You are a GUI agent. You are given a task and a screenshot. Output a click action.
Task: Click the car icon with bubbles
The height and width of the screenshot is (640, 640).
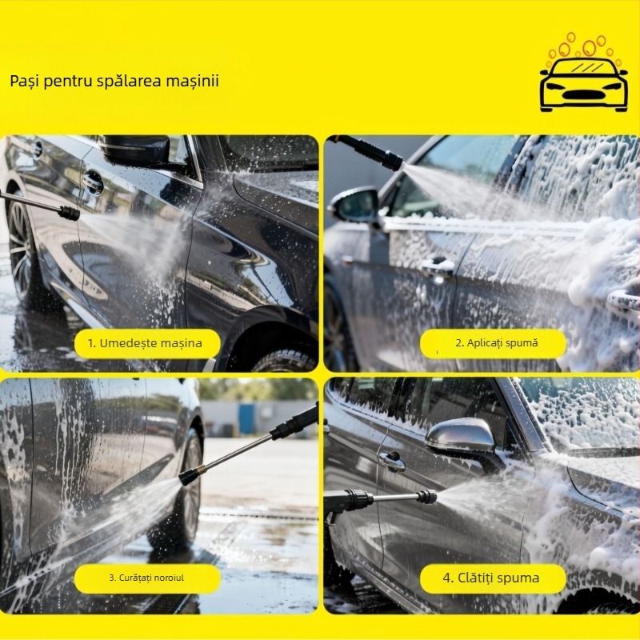584,73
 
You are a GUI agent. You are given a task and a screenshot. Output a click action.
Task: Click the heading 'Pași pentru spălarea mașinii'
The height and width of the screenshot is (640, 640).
114,81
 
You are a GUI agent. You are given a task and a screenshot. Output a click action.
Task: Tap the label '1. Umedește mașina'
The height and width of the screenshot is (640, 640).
145,343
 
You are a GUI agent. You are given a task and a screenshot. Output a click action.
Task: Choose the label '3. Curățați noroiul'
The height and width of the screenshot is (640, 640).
146,578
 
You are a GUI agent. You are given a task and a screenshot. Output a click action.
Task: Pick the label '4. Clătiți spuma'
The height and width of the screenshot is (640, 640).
491,578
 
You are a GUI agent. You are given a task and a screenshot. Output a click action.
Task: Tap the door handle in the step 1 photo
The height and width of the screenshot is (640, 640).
93,182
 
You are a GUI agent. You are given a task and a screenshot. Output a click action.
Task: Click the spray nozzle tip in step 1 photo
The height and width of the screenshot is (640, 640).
70,213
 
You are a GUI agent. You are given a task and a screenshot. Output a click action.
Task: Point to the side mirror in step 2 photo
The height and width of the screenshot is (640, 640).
354,206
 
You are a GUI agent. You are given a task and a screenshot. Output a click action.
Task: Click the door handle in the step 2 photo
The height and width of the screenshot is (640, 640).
438,266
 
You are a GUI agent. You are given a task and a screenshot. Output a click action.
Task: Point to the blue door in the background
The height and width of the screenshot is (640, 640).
246,418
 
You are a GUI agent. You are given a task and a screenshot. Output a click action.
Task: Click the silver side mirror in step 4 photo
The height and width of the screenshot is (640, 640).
461,435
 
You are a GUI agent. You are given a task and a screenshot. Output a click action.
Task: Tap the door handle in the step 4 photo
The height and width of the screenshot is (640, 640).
391,462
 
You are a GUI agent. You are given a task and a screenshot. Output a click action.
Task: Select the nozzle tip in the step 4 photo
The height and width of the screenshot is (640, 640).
427,497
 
